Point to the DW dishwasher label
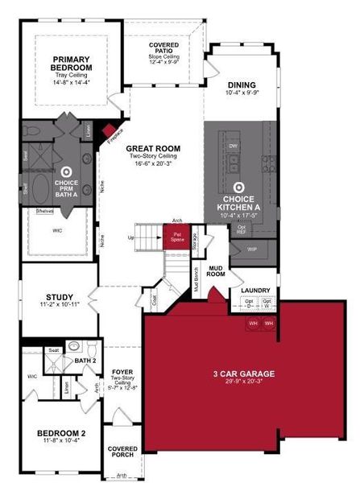click(232, 146)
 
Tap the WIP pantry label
click(252, 249)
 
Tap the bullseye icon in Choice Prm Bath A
click(66, 171)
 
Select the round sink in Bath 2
click(73, 348)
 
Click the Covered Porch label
click(123, 452)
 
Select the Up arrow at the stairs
click(131, 237)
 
